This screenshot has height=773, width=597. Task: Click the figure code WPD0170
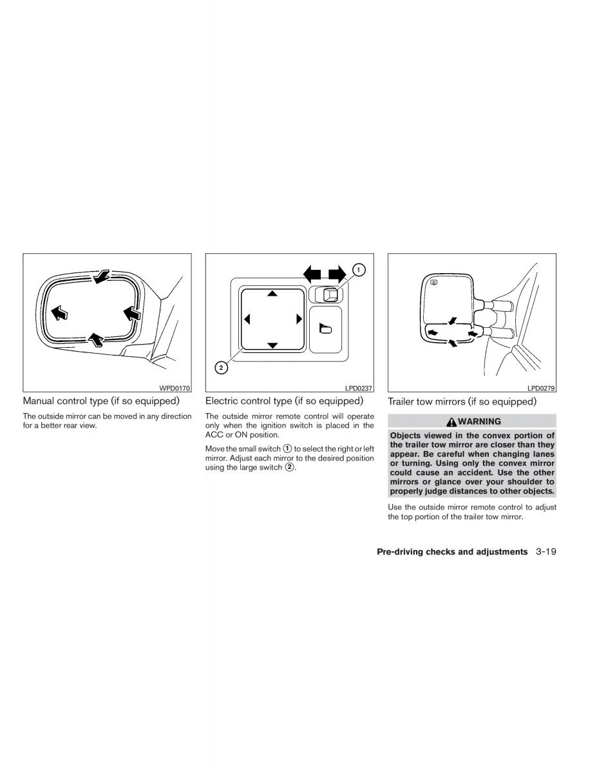click(x=175, y=388)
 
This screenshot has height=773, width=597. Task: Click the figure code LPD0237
click(x=359, y=388)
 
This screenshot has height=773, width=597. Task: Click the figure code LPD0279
click(x=541, y=388)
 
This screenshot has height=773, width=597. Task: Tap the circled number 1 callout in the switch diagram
click(x=358, y=270)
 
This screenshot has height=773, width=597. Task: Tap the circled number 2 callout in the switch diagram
click(x=221, y=367)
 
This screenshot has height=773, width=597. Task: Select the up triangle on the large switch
click(x=272, y=294)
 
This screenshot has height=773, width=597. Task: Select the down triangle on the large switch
click(x=272, y=345)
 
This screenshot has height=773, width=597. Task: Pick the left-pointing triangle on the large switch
click(x=247, y=319)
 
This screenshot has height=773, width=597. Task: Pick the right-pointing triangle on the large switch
click(x=299, y=319)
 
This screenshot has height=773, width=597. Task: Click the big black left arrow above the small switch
click(x=312, y=274)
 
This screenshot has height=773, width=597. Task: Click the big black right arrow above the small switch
click(x=337, y=274)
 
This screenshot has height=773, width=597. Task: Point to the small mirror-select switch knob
click(x=330, y=294)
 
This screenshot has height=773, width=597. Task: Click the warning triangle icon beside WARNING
click(x=451, y=422)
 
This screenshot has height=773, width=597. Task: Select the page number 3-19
click(x=545, y=552)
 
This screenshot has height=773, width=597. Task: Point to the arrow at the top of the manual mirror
click(x=101, y=276)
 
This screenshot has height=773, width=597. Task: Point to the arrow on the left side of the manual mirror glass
click(x=59, y=313)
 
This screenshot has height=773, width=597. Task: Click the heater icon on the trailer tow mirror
click(x=434, y=282)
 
